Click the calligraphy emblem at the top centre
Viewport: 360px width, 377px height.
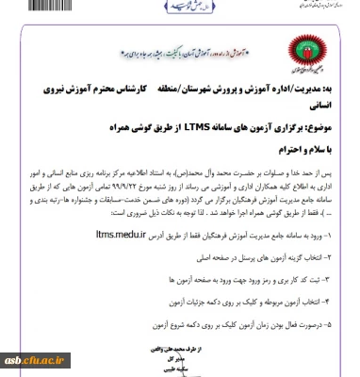[x=185, y=6]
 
